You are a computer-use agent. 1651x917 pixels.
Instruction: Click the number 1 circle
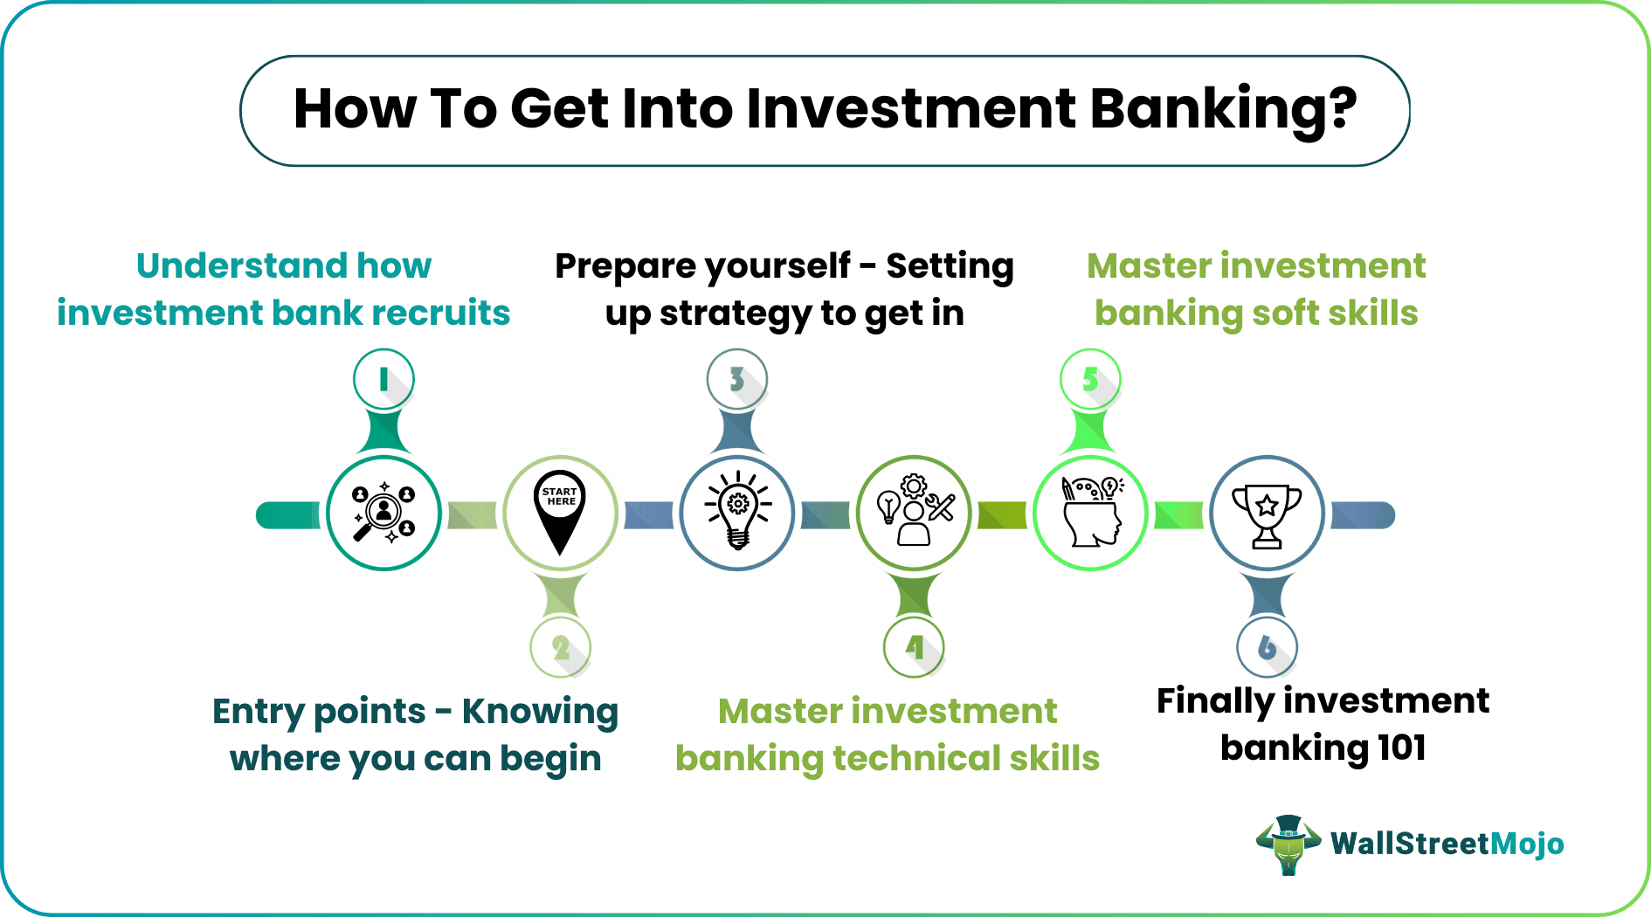(383, 379)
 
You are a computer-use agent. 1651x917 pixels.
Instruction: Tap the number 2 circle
(561, 648)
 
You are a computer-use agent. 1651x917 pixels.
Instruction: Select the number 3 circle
(737, 379)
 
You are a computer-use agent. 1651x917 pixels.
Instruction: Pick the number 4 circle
(914, 648)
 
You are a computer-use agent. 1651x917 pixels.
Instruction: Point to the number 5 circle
(1090, 379)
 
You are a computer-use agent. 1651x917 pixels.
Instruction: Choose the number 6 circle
(1267, 648)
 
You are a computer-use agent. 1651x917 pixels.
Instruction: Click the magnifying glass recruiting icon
(383, 514)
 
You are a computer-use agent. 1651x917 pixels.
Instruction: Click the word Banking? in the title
(1223, 110)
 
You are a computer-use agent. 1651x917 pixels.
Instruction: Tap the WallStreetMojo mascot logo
(1288, 845)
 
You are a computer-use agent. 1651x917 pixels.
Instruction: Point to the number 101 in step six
(1401, 748)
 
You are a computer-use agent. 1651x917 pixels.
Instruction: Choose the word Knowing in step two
(540, 712)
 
